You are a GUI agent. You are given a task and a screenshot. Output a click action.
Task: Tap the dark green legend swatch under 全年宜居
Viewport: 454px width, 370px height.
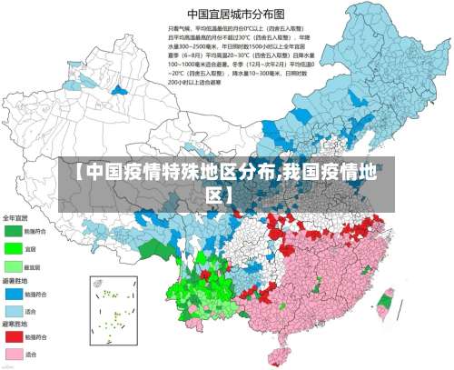click(x=14, y=231)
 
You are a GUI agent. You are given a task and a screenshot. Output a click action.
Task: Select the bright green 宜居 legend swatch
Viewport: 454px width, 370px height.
click(x=14, y=248)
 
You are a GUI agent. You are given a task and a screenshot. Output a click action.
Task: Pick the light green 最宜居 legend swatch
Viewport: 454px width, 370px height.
click(x=14, y=266)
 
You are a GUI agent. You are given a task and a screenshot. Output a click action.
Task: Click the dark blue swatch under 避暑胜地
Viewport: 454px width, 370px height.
click(x=14, y=293)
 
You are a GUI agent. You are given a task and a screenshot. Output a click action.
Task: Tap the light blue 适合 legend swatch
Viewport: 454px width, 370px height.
click(x=14, y=310)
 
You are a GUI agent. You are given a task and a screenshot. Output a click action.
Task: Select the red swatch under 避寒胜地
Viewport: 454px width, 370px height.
click(x=14, y=336)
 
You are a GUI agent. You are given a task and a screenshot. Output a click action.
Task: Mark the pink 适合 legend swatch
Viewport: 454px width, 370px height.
click(x=14, y=354)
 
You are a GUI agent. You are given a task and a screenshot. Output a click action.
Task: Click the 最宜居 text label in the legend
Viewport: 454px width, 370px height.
click(x=33, y=266)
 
